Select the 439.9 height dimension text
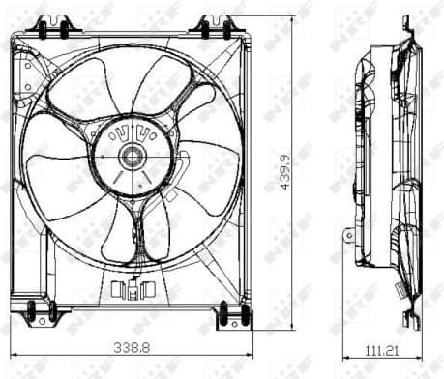[x=283, y=171]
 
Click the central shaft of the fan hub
[x=131, y=156]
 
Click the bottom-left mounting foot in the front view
[x=42, y=312]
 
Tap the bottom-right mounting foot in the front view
[x=232, y=313]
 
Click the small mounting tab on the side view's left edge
[x=349, y=234]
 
